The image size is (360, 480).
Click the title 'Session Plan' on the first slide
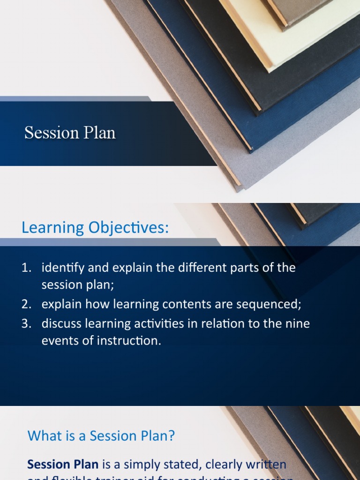(x=70, y=133)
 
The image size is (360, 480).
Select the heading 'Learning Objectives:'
(x=94, y=228)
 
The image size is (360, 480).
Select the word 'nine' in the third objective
(x=298, y=324)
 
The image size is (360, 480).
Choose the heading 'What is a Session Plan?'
(x=101, y=436)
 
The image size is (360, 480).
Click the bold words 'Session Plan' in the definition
(x=63, y=465)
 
